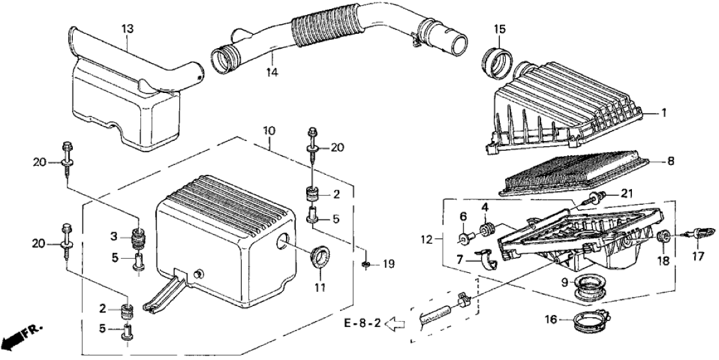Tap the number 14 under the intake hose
(x=271, y=72)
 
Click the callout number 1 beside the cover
(x=663, y=113)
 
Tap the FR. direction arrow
(x=20, y=337)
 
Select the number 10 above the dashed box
(x=268, y=131)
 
